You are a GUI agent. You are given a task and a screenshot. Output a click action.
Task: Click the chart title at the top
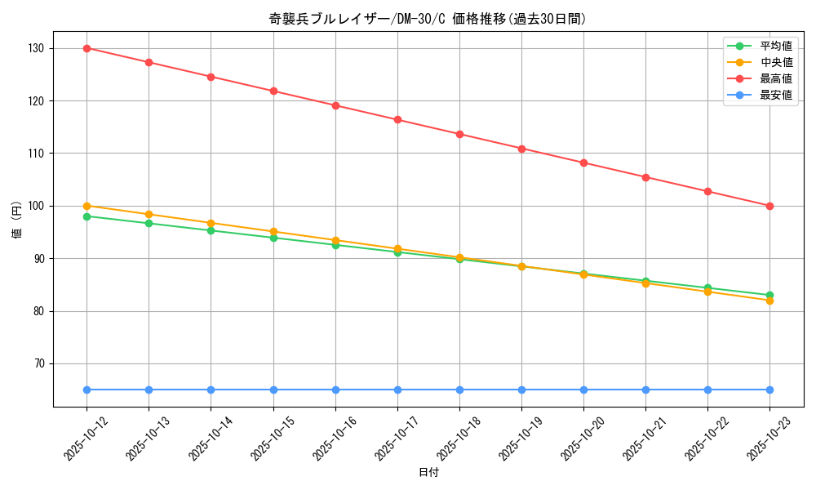click(x=428, y=19)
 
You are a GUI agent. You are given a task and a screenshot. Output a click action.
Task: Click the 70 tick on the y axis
click(x=38, y=363)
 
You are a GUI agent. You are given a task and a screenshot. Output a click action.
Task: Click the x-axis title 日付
click(x=428, y=473)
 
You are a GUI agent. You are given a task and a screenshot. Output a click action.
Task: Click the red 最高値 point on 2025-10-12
click(x=86, y=48)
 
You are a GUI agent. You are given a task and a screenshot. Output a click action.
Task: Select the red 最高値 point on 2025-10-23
click(x=769, y=206)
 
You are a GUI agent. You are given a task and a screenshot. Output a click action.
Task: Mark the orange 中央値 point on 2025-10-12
click(x=86, y=206)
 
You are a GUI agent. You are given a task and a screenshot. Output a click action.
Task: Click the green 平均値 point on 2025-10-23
click(x=769, y=295)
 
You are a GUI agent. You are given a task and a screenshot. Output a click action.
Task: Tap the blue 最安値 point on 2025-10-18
click(x=459, y=390)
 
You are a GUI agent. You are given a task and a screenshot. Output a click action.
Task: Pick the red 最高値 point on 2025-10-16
click(x=335, y=105)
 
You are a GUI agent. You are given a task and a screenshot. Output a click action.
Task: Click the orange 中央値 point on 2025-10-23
click(x=769, y=301)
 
